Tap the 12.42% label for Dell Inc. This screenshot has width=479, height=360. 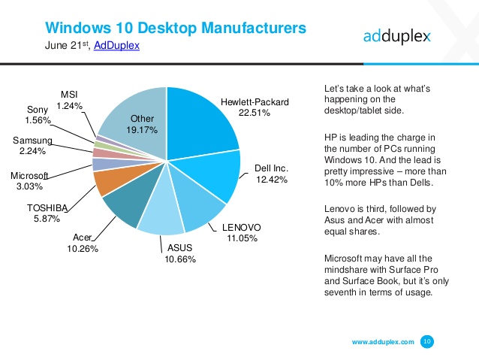coord(271,180)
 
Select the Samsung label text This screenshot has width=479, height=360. coord(32,141)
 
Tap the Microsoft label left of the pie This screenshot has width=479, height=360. coord(30,175)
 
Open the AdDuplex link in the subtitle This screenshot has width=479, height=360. coord(116,46)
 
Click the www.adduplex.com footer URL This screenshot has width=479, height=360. coord(383,342)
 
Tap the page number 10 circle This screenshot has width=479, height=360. coord(427,341)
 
